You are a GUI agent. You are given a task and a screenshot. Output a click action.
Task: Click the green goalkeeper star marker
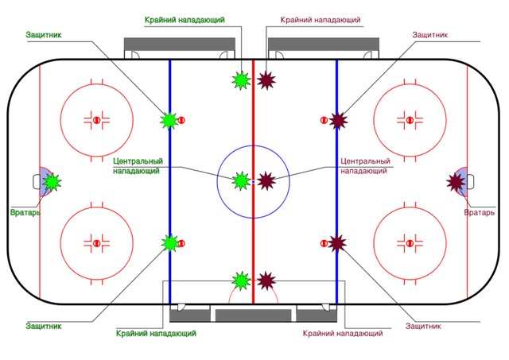[x=52, y=182]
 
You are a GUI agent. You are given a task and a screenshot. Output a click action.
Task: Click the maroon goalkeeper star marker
[x=456, y=182]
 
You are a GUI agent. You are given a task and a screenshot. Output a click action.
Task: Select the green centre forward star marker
[x=241, y=181]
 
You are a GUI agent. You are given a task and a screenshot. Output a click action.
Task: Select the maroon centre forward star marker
[x=266, y=181]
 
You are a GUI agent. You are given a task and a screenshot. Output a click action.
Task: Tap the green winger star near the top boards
[x=241, y=80]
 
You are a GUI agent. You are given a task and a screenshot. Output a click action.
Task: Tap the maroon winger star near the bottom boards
[x=266, y=281]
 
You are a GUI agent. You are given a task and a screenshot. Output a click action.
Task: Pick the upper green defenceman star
[x=169, y=121]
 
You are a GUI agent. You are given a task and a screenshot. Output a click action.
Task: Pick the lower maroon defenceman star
[x=337, y=243]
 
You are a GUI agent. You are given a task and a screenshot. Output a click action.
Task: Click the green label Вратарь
[x=25, y=212]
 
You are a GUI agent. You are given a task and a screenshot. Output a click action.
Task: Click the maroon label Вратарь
[x=480, y=212]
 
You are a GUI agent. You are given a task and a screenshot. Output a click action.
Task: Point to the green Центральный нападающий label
[x=138, y=166]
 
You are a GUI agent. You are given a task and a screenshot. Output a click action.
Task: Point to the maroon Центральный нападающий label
[x=366, y=166]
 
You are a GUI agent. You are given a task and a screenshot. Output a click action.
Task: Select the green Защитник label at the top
[x=44, y=35]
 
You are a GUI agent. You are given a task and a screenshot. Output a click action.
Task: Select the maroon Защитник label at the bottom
[x=423, y=326]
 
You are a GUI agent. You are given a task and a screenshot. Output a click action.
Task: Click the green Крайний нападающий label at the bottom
[x=156, y=333]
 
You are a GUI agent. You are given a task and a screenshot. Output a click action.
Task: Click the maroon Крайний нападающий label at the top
[x=321, y=20]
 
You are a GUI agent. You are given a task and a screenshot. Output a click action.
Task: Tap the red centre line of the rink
[x=254, y=182]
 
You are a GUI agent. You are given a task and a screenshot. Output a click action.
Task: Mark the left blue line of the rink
[x=169, y=182]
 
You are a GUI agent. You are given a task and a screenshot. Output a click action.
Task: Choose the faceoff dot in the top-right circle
[x=410, y=120]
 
